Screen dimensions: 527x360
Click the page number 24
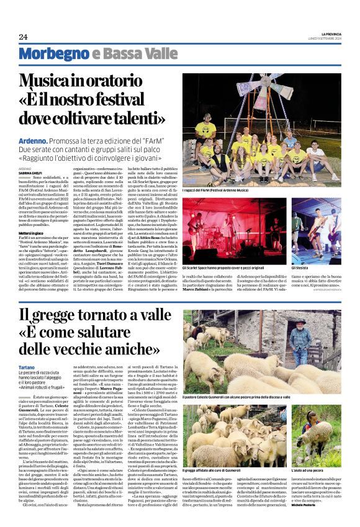[24, 37]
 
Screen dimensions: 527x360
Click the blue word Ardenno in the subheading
[33, 142]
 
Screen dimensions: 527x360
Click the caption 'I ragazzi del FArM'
[217, 189]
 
